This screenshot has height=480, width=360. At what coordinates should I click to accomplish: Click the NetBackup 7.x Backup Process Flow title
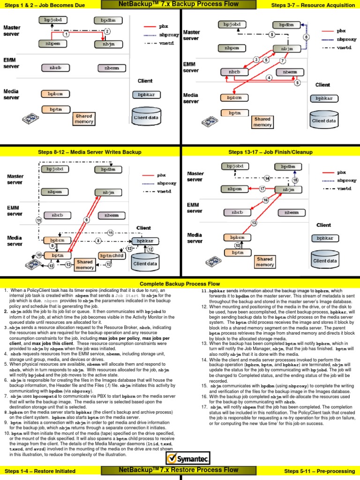click(180, 5)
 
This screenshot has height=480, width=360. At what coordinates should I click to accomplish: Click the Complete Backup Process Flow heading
click(180, 284)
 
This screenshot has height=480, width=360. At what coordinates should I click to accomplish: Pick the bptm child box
click(112, 255)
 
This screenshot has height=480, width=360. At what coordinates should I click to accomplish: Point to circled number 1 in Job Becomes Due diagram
click(67, 34)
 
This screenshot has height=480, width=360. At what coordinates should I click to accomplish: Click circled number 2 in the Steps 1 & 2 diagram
click(107, 31)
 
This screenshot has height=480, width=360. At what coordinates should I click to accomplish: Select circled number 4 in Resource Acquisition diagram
click(269, 77)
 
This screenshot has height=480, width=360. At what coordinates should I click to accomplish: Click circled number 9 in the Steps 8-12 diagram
click(87, 219)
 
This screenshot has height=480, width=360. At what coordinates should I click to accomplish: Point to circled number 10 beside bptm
click(39, 255)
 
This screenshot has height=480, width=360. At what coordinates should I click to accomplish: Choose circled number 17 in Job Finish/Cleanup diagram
click(263, 189)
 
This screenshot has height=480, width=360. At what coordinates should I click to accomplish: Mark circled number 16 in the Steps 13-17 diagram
click(265, 200)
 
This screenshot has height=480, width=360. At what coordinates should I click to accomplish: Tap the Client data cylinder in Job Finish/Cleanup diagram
click(326, 258)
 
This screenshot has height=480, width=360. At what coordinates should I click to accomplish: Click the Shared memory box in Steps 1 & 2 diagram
click(84, 119)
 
